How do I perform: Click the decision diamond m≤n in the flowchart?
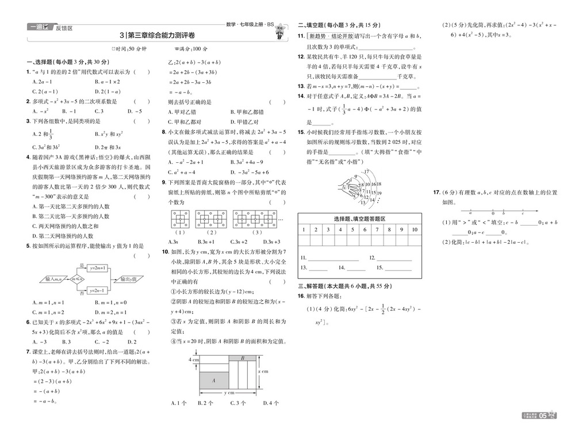click(75, 280)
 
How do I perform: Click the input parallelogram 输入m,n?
click(53, 280)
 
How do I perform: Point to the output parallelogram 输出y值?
click(128, 280)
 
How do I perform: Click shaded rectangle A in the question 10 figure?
click(213, 380)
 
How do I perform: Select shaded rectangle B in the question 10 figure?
click(243, 359)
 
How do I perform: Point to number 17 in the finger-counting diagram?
click(366, 172)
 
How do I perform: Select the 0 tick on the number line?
click(492, 211)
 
